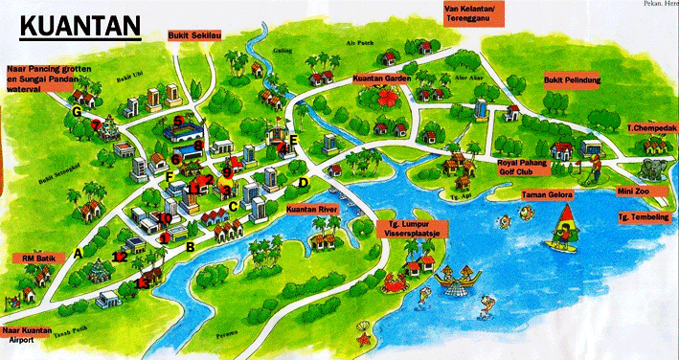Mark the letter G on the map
pyautogui.click(x=75, y=112)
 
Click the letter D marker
pyautogui.click(x=303, y=182)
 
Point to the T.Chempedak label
pyautogui.click(x=650, y=128)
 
